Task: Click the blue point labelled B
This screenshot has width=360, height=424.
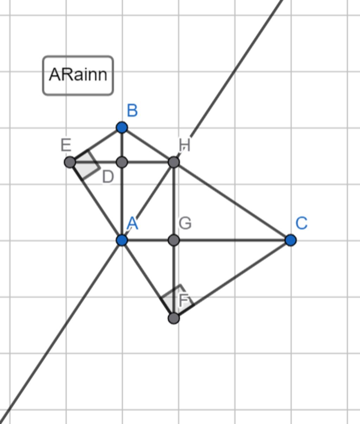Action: click(122, 127)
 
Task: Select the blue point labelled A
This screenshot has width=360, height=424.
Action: click(122, 240)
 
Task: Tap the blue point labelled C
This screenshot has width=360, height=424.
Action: click(290, 240)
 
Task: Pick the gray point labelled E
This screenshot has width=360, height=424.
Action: click(70, 162)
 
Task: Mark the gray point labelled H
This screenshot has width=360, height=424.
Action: click(174, 162)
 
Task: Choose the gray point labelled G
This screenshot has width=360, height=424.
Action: click(174, 240)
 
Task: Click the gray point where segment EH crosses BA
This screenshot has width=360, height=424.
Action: click(122, 162)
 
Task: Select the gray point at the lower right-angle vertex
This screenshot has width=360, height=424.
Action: click(174, 318)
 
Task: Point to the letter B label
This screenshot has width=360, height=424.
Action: click(132, 111)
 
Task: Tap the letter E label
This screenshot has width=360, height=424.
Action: click(66, 145)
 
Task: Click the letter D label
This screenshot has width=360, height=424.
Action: click(108, 177)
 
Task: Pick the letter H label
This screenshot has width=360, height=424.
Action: click(185, 145)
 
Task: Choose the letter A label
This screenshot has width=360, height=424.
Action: click(132, 223)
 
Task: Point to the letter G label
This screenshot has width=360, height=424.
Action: click(185, 223)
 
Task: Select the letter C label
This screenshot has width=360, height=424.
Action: click(302, 223)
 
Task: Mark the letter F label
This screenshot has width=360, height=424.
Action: click(185, 300)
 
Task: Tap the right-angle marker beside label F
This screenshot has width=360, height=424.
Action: click(175, 297)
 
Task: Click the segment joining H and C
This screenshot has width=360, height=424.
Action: click(232, 201)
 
